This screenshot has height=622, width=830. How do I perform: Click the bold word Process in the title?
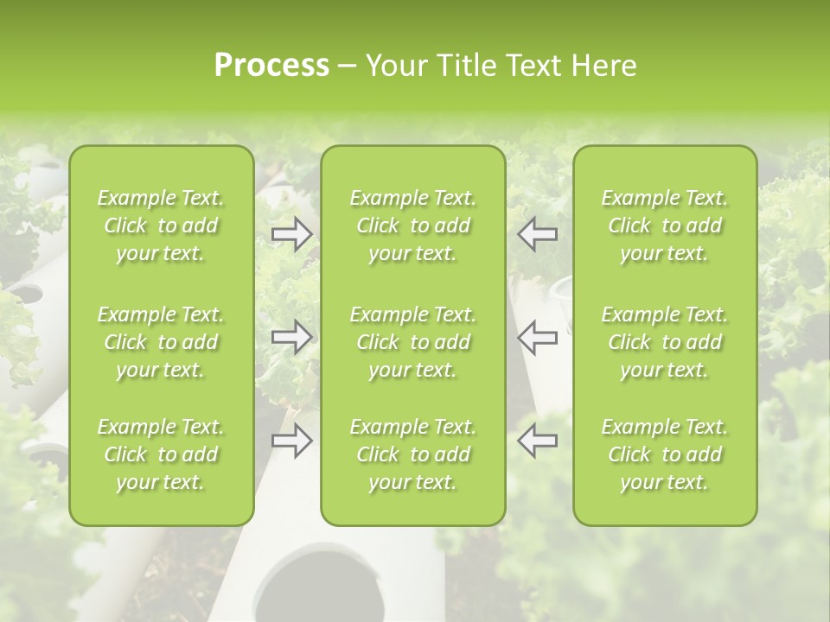click(x=271, y=66)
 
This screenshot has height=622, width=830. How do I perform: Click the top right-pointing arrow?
click(x=291, y=234)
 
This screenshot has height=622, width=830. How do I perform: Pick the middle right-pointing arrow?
click(x=291, y=336)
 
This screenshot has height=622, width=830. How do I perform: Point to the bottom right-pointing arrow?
click(x=291, y=441)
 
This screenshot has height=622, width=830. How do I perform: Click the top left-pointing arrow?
click(x=538, y=234)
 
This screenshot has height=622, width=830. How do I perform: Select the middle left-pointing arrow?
click(x=538, y=336)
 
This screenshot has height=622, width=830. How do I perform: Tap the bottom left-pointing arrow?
click(x=538, y=441)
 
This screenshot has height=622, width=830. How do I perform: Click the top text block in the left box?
click(x=161, y=225)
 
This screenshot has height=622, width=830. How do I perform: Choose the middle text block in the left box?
click(x=161, y=342)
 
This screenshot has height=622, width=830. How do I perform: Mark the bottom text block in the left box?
click(x=161, y=454)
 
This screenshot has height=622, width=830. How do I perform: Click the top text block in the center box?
click(x=413, y=225)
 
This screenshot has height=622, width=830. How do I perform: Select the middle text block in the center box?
click(x=413, y=342)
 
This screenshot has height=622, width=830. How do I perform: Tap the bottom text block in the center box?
click(x=413, y=454)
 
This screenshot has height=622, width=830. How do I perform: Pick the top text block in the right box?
click(x=665, y=225)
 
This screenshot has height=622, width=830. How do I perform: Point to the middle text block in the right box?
click(x=665, y=342)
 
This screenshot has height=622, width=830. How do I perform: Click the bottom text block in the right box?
click(x=665, y=454)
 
